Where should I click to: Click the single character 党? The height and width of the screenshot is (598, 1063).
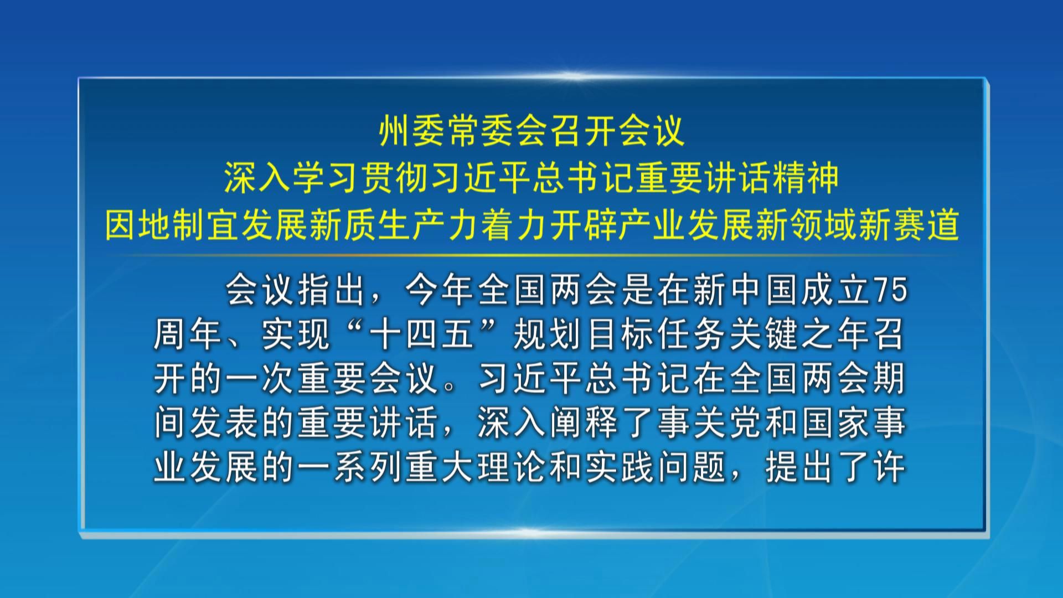(746, 423)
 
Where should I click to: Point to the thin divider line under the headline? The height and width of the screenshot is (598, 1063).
(531, 255)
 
